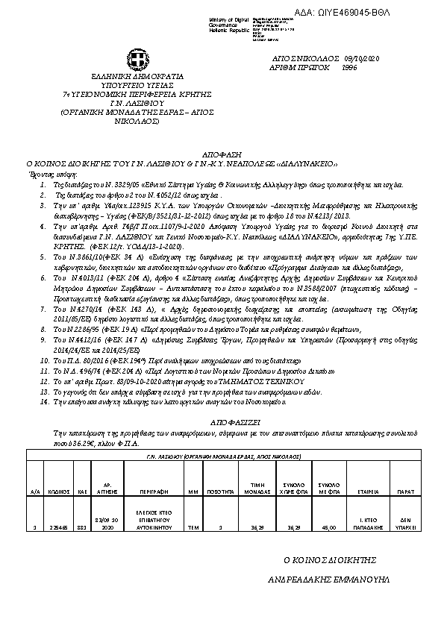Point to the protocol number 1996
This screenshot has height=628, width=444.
point(348,67)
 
